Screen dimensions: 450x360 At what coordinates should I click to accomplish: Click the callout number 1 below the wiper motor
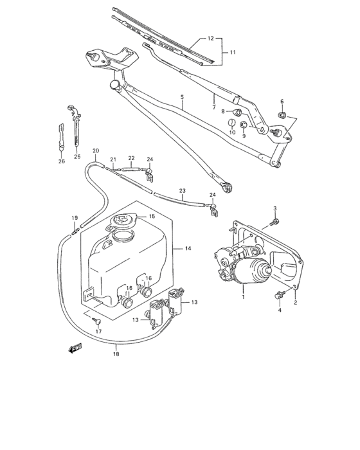(244, 297)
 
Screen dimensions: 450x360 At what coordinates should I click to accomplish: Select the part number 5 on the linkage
(182, 98)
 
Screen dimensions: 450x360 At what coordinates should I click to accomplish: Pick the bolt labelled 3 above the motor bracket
(275, 221)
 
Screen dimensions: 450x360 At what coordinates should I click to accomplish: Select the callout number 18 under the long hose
(116, 354)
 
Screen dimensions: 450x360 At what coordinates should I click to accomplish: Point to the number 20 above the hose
(95, 152)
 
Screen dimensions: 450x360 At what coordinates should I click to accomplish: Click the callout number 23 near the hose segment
(182, 191)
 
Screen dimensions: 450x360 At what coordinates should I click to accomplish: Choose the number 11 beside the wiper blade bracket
(233, 51)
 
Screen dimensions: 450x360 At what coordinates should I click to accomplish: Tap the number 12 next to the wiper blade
(209, 39)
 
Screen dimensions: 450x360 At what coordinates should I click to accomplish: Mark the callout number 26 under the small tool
(62, 161)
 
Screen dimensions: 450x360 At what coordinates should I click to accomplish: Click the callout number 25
(77, 156)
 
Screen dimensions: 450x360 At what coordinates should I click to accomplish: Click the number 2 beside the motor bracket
(294, 301)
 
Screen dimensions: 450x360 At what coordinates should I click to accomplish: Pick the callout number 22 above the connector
(130, 158)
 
